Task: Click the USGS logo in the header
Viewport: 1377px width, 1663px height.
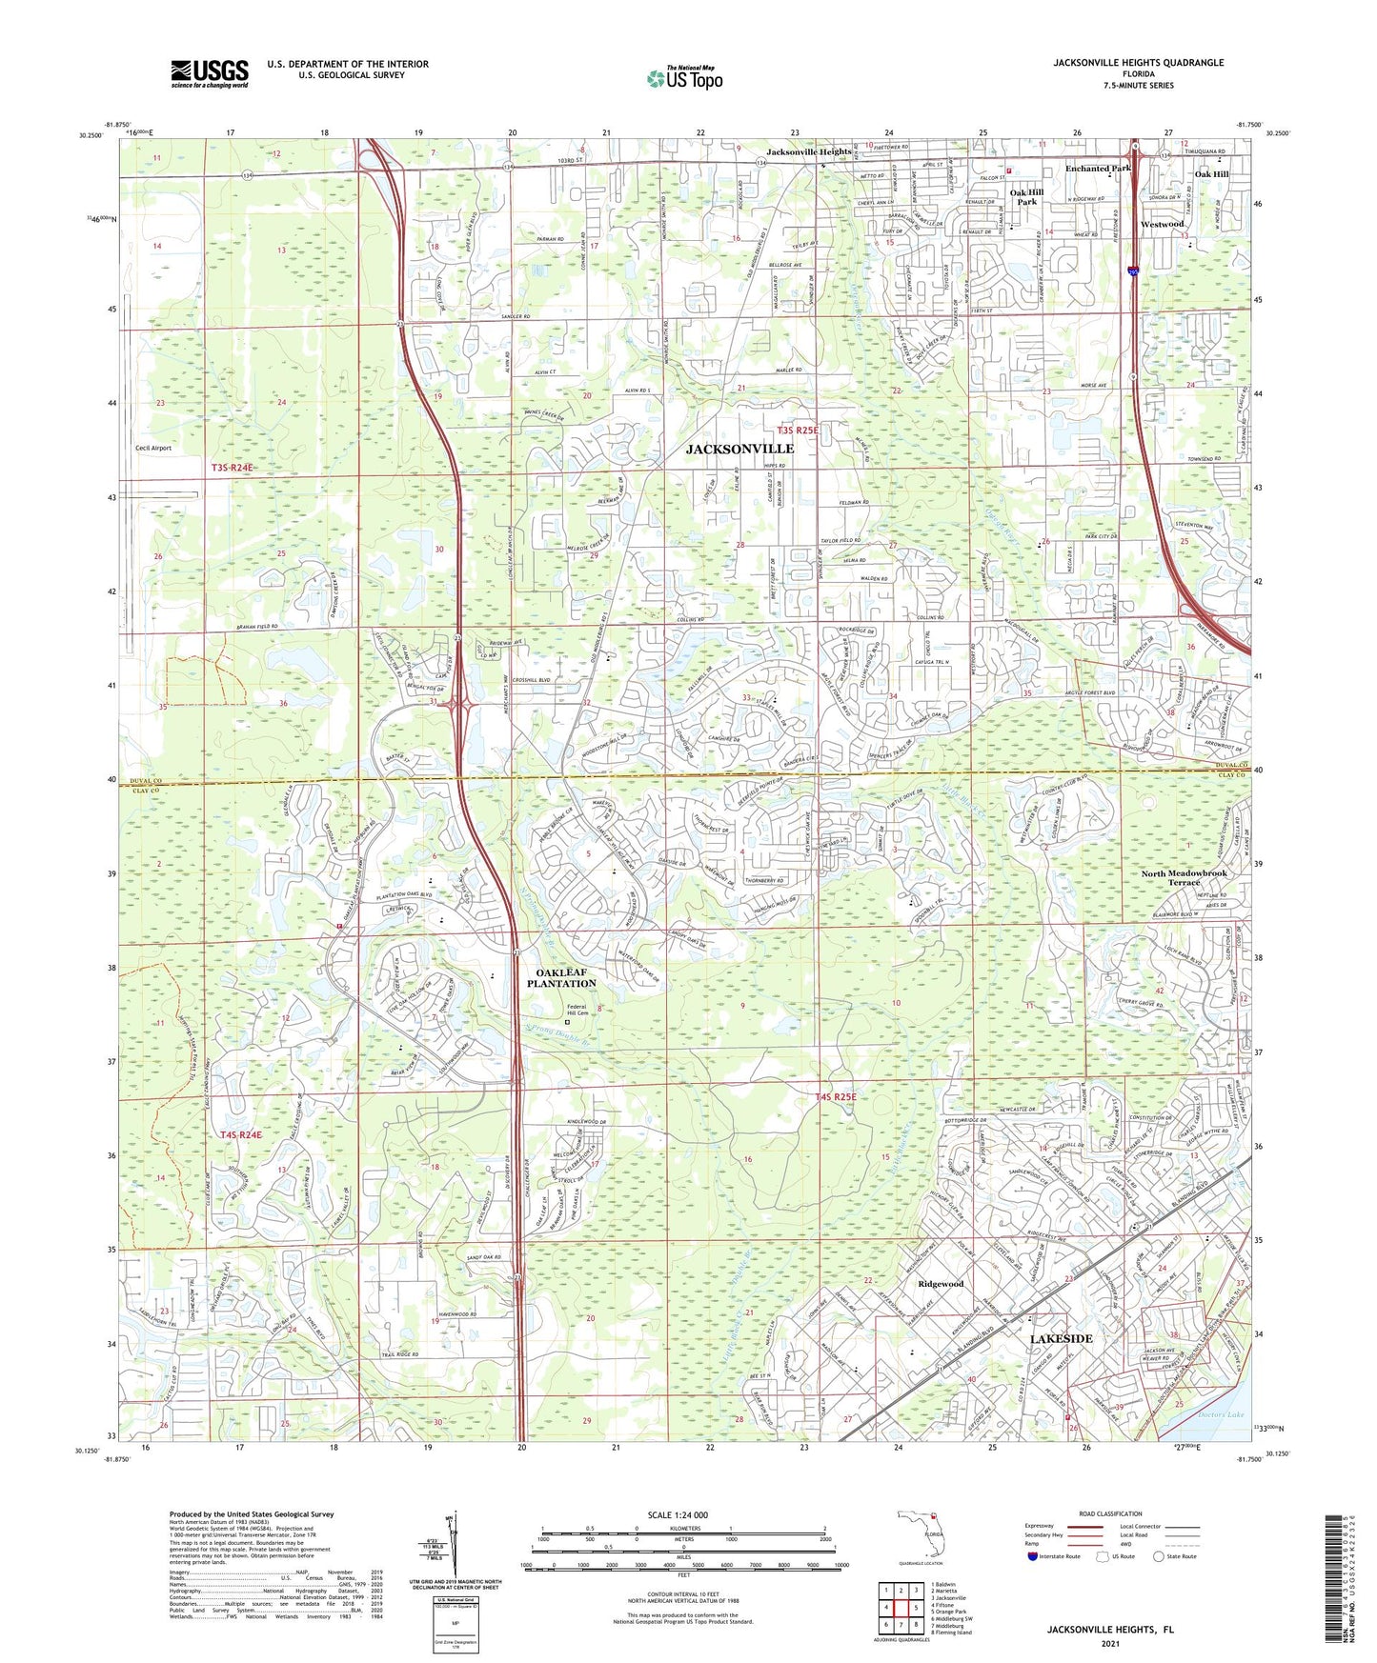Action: pos(209,73)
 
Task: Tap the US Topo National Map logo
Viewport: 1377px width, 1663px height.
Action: pos(683,77)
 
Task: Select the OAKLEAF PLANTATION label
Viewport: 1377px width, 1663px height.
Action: pos(561,977)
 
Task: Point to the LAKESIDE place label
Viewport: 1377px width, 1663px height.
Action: pos(1061,1338)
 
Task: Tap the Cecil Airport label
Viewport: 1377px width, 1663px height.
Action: pos(152,448)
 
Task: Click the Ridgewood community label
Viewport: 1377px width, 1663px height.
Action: pos(940,1284)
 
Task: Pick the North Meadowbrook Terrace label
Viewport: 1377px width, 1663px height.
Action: pos(1184,877)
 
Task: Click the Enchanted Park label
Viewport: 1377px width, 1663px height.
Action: pos(1097,169)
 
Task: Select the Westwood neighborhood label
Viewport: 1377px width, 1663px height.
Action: pos(1162,224)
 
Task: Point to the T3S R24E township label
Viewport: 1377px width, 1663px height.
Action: pos(233,468)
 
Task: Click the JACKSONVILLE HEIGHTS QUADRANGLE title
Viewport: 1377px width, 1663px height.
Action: pos(1138,63)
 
